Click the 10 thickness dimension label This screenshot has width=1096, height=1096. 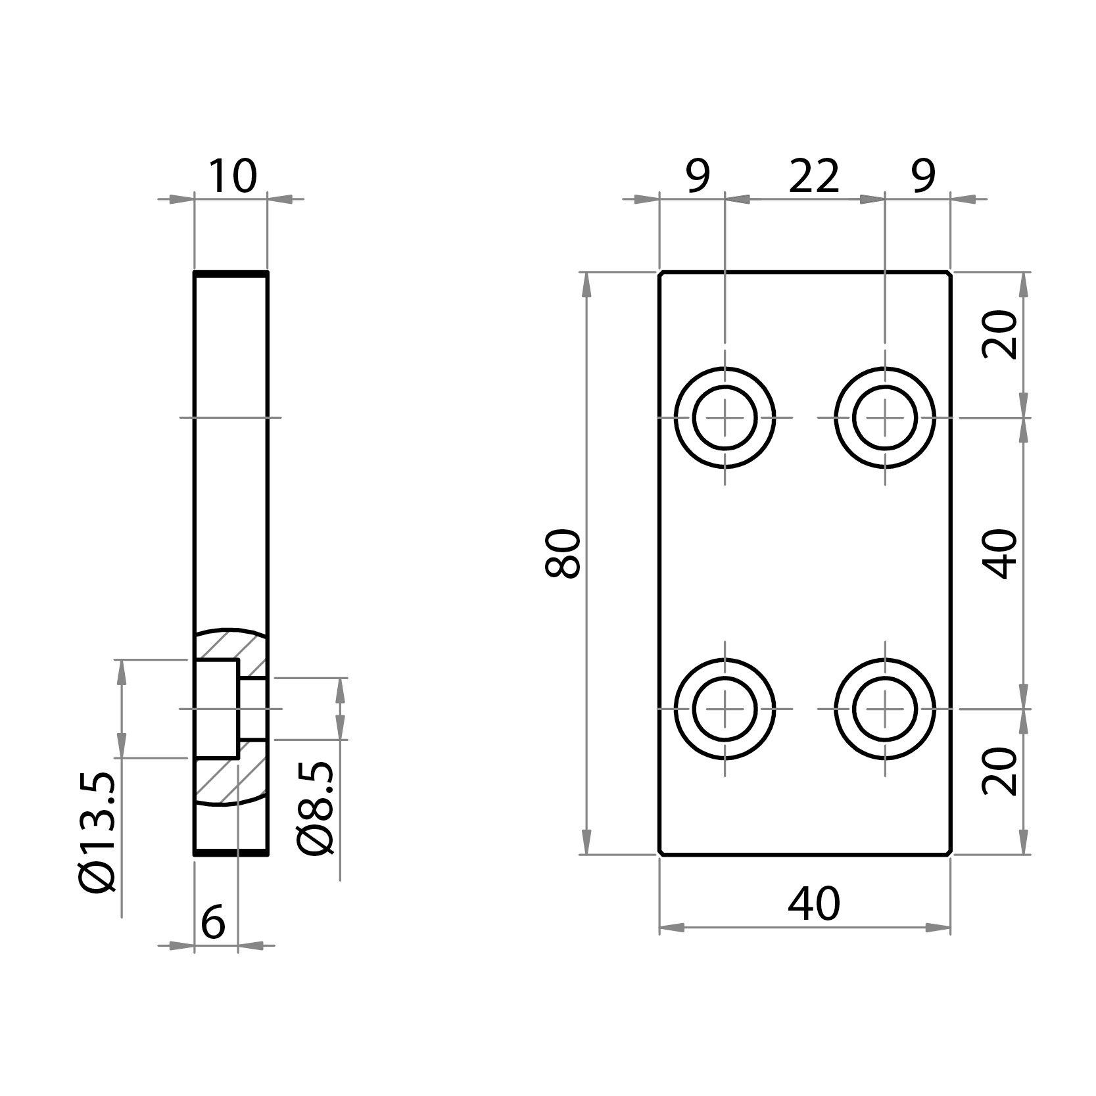pyautogui.click(x=231, y=176)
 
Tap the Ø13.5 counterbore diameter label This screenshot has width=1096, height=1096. pyautogui.click(x=99, y=832)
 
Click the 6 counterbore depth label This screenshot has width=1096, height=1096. pyautogui.click(x=213, y=922)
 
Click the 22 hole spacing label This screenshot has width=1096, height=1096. pyautogui.click(x=814, y=176)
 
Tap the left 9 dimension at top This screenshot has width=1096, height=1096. pyautogui.click(x=698, y=176)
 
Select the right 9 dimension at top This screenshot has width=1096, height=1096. pyautogui.click(x=923, y=176)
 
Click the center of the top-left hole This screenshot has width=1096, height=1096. pyautogui.click(x=725, y=417)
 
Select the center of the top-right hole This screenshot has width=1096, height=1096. pyautogui.click(x=885, y=417)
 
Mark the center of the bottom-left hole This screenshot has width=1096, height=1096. pyautogui.click(x=725, y=709)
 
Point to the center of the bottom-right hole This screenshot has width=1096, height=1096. pyautogui.click(x=885, y=709)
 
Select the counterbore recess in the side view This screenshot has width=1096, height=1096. pyautogui.click(x=216, y=708)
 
